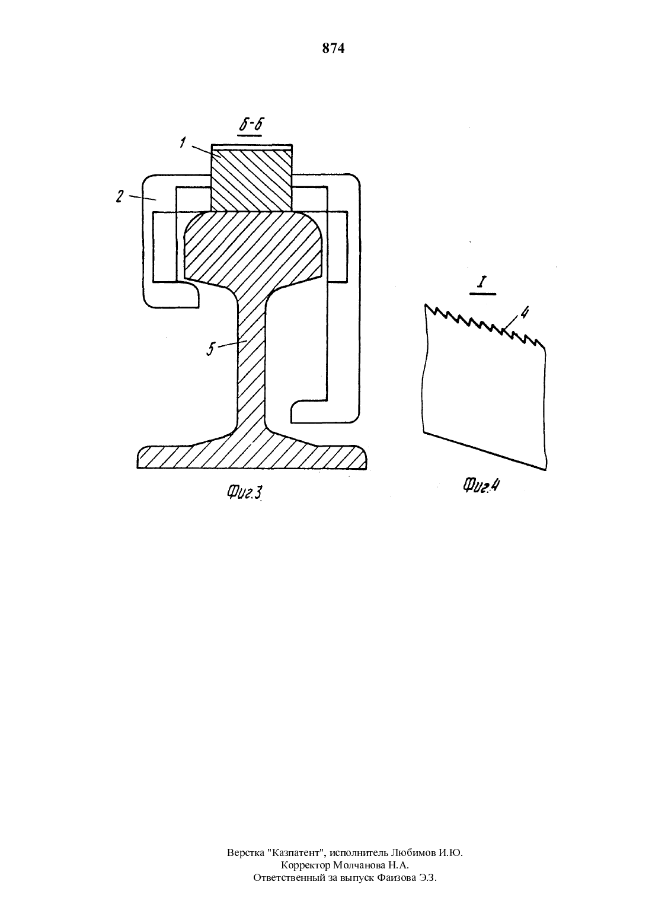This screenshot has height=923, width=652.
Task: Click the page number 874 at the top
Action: (333, 49)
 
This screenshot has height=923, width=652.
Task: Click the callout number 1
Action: (183, 142)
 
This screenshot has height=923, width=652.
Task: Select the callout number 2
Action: (119, 196)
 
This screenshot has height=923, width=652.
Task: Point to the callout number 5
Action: (211, 349)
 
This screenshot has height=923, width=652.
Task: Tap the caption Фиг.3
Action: (245, 492)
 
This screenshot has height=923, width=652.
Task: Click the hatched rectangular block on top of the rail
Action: (252, 180)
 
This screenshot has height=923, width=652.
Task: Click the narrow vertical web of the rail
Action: (251, 358)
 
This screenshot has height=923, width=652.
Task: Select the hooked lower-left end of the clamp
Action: (181, 295)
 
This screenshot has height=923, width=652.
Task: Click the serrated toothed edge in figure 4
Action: (485, 326)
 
